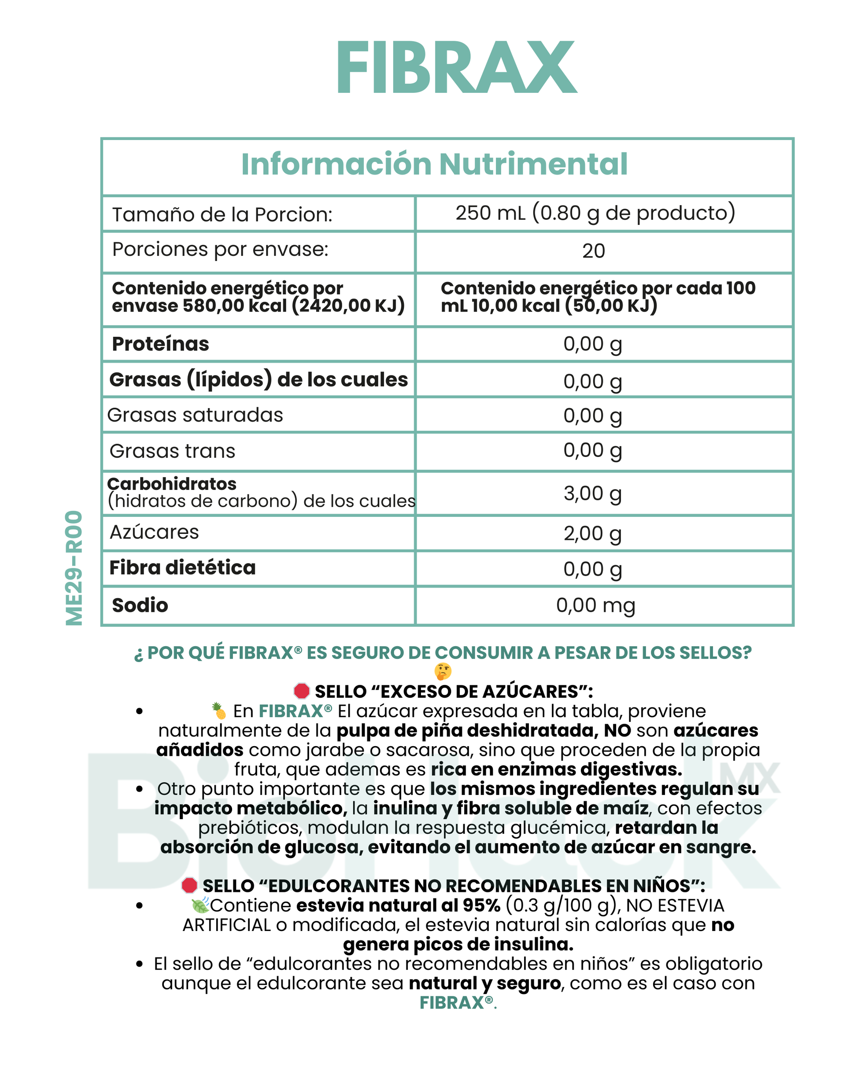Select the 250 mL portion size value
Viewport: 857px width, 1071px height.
point(595,213)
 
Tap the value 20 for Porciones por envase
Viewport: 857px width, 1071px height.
point(594,251)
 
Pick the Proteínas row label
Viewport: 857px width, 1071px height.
point(160,344)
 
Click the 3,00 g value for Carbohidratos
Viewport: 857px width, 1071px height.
point(592,493)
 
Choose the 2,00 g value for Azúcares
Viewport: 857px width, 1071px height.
point(592,533)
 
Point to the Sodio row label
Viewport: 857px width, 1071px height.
point(140,605)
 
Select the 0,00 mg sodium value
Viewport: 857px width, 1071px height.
point(595,605)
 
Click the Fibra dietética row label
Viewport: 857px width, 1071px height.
point(182,567)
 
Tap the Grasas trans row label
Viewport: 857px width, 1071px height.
point(172,451)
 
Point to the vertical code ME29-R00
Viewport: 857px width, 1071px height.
point(74,568)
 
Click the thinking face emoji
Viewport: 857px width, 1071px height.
point(443,671)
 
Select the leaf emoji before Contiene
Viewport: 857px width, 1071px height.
point(200,905)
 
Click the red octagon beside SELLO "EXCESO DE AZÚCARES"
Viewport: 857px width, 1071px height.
point(302,691)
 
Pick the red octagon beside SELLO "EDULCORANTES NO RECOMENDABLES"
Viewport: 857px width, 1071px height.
point(189,885)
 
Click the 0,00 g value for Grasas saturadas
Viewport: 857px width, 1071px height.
point(592,415)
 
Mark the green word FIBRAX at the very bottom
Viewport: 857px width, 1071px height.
point(451,1002)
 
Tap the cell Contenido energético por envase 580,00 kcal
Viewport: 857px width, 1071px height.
point(258,297)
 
